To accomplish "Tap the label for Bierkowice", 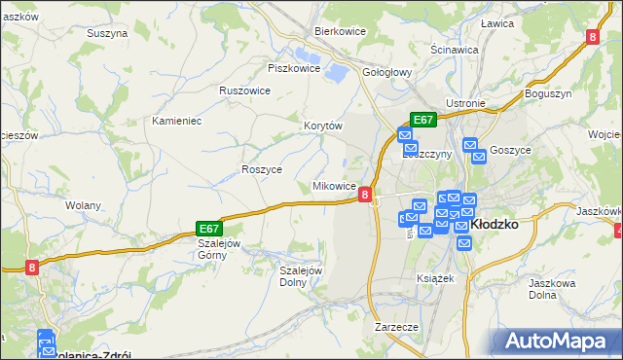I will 339,30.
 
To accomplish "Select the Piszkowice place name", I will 294,68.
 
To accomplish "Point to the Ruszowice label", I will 244,90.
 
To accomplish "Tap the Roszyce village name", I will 261,168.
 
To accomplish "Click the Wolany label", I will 83,205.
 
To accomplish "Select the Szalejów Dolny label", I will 300,276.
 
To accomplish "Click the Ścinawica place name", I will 454,49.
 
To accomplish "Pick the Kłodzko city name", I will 494,223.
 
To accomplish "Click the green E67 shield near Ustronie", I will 421,120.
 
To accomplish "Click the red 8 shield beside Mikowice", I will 364,195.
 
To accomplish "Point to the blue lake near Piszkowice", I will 335,71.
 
